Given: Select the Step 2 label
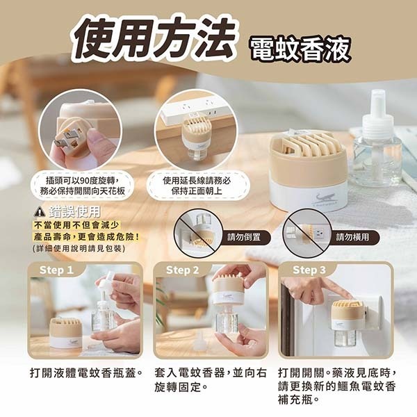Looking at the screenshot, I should (x=183, y=270).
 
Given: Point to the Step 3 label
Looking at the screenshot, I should (x=309, y=270).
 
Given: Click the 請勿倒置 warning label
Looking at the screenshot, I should (x=244, y=237).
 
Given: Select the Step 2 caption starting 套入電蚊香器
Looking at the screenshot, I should (x=209, y=379).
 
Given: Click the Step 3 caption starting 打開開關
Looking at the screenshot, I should (x=336, y=386).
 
